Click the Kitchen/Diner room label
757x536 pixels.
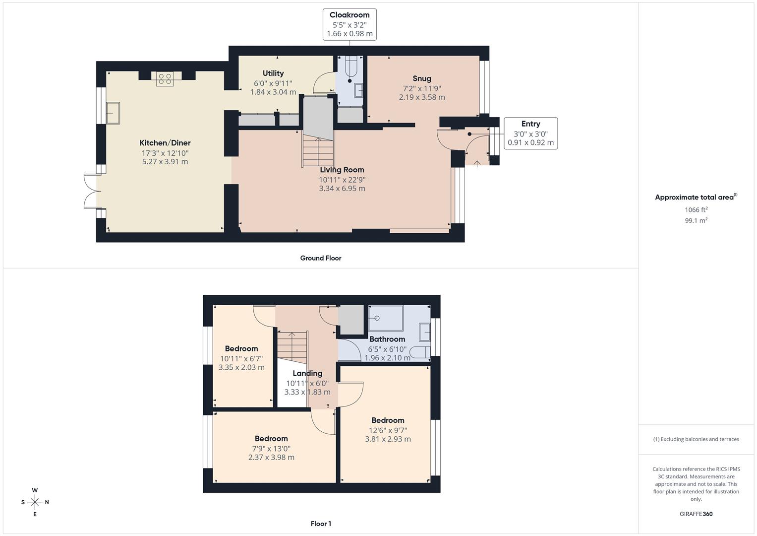click(165, 143)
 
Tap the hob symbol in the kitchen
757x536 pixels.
click(165, 78)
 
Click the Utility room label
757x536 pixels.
click(273, 73)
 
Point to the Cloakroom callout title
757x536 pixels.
click(349, 15)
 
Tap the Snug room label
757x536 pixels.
click(422, 78)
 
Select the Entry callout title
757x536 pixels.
click(530, 124)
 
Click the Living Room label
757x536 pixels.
click(342, 170)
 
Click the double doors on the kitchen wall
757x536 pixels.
click(91, 191)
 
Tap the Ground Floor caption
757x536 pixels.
click(321, 258)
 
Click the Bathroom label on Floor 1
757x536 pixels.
click(387, 339)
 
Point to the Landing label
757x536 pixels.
click(307, 373)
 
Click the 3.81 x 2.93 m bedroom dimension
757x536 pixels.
click(388, 439)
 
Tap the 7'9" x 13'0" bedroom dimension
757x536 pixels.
click(271, 448)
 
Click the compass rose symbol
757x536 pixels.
click(35, 502)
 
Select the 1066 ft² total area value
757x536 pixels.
click(696, 210)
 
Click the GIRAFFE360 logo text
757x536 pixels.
click(696, 514)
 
